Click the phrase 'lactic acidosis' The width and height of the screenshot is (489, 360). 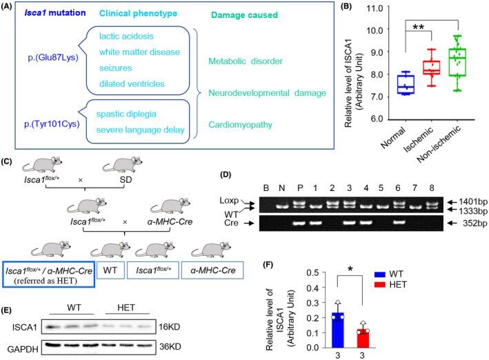[x=126, y=36]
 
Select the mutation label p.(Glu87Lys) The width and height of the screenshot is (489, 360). [x=53, y=58]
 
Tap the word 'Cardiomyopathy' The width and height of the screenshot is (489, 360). [x=240, y=125]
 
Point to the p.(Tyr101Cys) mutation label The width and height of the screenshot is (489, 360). [x=52, y=124]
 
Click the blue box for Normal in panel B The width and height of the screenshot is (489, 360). [x=406, y=84]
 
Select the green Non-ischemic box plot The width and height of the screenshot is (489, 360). [x=457, y=62]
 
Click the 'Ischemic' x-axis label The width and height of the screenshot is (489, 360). [x=419, y=139]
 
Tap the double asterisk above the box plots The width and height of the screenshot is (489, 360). [x=418, y=27]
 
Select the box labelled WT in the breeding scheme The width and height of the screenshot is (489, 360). [x=110, y=270]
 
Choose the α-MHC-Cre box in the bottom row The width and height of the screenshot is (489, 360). [x=212, y=270]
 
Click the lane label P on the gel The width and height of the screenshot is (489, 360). [x=300, y=188]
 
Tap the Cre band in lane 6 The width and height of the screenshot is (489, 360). [x=398, y=223]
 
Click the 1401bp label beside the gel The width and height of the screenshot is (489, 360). [x=472, y=201]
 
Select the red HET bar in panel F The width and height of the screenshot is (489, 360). [x=363, y=338]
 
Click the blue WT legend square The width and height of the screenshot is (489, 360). [x=380, y=274]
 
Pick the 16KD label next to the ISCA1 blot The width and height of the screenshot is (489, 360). [x=170, y=327]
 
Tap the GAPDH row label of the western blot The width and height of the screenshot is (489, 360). [x=23, y=349]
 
